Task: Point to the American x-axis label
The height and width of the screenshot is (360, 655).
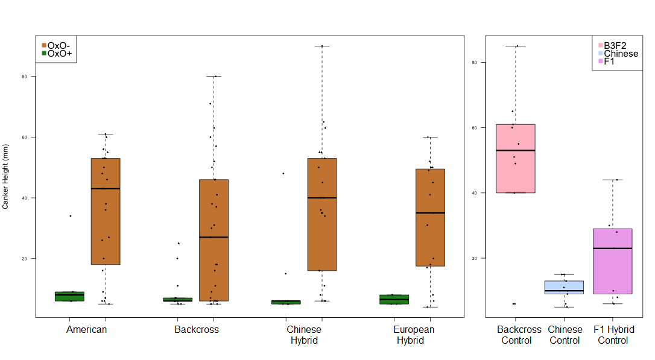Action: pos(87,330)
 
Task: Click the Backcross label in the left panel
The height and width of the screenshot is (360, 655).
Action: pos(197,330)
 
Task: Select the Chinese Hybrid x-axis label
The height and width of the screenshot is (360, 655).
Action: pos(304,335)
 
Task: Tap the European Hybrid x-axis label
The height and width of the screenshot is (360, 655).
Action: pos(414,335)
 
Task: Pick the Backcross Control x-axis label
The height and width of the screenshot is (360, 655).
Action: pos(519,335)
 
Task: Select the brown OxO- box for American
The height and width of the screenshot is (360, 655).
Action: pos(106,211)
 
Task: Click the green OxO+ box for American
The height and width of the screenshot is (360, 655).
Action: pos(69,296)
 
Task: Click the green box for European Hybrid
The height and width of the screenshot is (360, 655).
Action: pos(394,299)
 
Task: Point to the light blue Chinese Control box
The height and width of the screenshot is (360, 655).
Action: pos(564,287)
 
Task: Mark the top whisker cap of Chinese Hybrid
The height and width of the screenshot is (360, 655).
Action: pos(322,46)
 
